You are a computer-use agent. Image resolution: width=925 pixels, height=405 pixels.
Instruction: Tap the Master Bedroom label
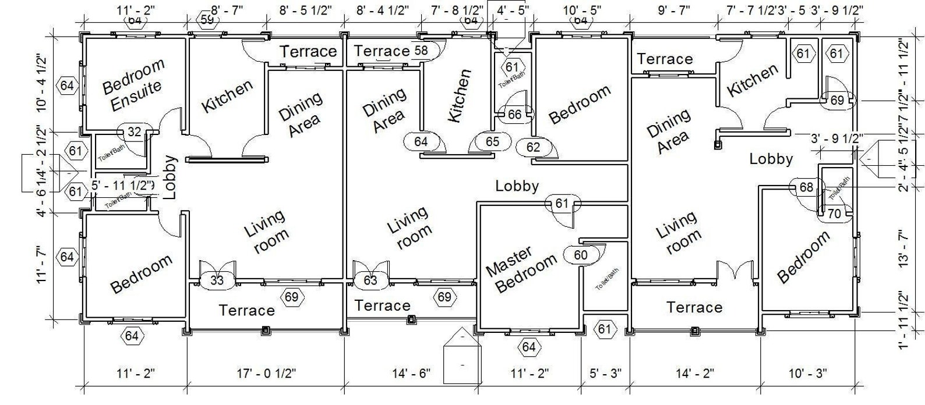click(521, 268)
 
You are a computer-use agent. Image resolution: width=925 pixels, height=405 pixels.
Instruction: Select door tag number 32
click(135, 132)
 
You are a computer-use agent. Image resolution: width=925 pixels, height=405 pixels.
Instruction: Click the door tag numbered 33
click(217, 281)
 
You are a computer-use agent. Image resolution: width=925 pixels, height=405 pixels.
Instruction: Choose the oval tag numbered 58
click(421, 51)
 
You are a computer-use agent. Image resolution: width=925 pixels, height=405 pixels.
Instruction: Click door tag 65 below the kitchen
click(492, 141)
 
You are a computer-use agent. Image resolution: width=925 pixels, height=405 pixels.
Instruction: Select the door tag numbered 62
click(533, 147)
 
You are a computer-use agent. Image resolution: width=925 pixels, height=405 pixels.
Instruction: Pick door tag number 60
click(581, 255)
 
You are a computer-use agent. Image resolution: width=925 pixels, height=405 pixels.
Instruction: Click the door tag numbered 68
click(806, 187)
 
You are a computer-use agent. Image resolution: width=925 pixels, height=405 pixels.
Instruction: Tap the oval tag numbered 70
click(834, 214)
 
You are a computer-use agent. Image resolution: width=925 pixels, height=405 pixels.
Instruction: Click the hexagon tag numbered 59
click(207, 19)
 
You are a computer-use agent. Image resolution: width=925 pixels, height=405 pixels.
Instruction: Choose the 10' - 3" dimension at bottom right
click(807, 373)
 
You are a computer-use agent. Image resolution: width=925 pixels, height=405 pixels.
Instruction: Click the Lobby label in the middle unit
click(517, 186)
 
